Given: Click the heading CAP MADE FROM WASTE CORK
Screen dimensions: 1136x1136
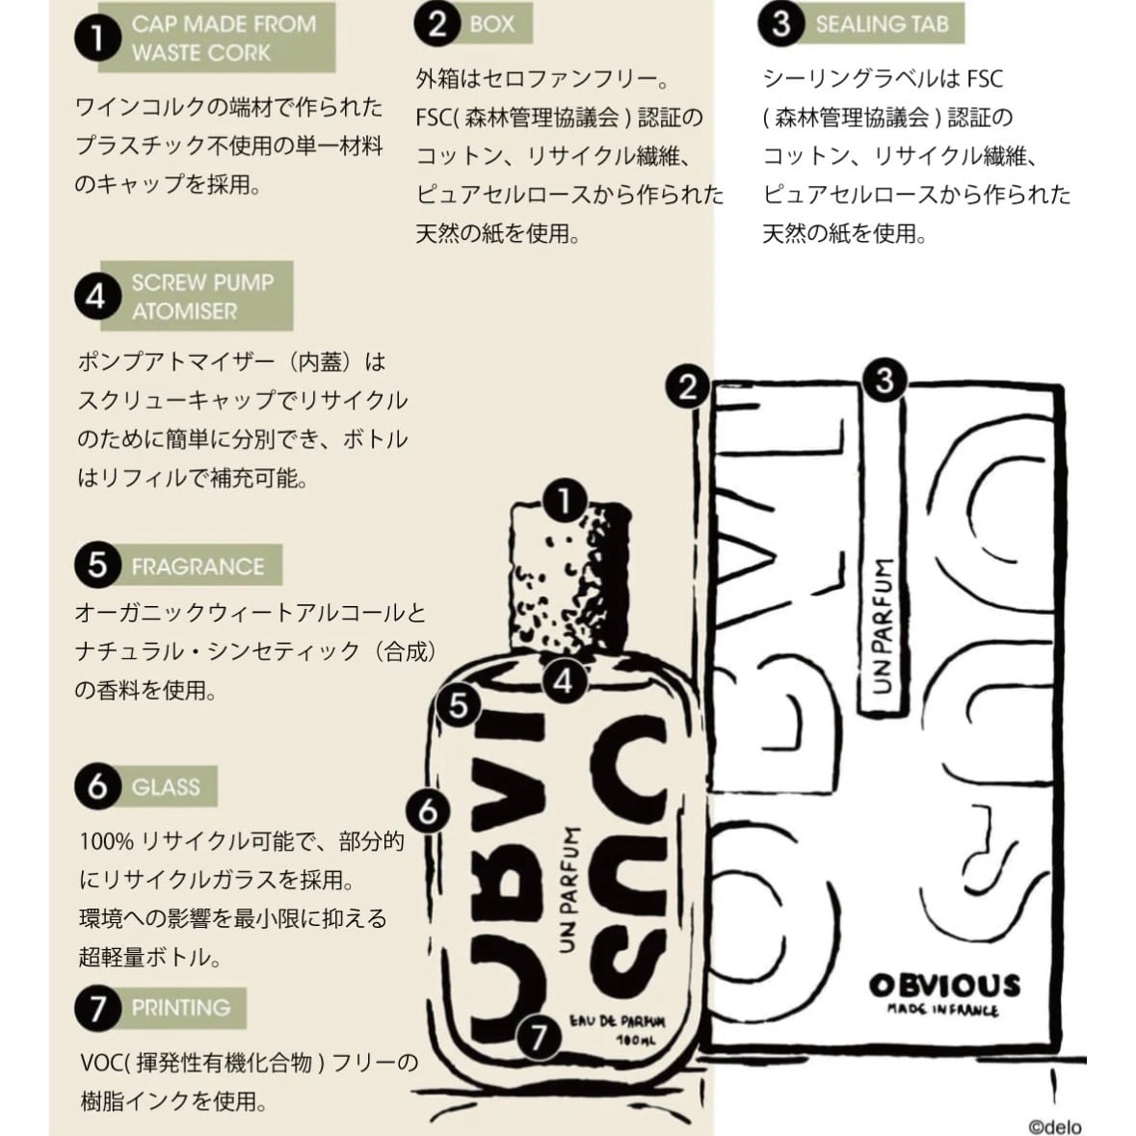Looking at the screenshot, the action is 223,38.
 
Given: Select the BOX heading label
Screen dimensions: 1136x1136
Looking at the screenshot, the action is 491,24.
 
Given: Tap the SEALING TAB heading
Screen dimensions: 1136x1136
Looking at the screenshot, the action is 882,24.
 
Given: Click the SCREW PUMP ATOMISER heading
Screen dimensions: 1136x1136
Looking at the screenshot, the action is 202,297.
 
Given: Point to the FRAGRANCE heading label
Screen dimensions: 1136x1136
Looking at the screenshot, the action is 198,566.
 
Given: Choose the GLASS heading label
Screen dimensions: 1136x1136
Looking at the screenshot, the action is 166,787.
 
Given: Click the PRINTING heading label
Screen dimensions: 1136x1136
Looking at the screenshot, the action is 181,1008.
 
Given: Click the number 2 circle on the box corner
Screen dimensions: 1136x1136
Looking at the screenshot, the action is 687,387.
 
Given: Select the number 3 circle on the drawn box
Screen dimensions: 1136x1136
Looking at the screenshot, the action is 885,382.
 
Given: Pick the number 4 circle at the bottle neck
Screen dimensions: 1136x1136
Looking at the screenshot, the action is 564,681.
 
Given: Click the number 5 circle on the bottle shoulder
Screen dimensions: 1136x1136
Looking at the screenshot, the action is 459,705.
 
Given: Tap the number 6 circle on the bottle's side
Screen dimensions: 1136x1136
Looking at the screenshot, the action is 429,811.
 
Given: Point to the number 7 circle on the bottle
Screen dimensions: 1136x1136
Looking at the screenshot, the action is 539,1037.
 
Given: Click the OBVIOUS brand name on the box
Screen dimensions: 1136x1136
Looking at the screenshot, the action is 943,986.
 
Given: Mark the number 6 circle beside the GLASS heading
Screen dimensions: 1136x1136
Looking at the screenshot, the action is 97,787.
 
